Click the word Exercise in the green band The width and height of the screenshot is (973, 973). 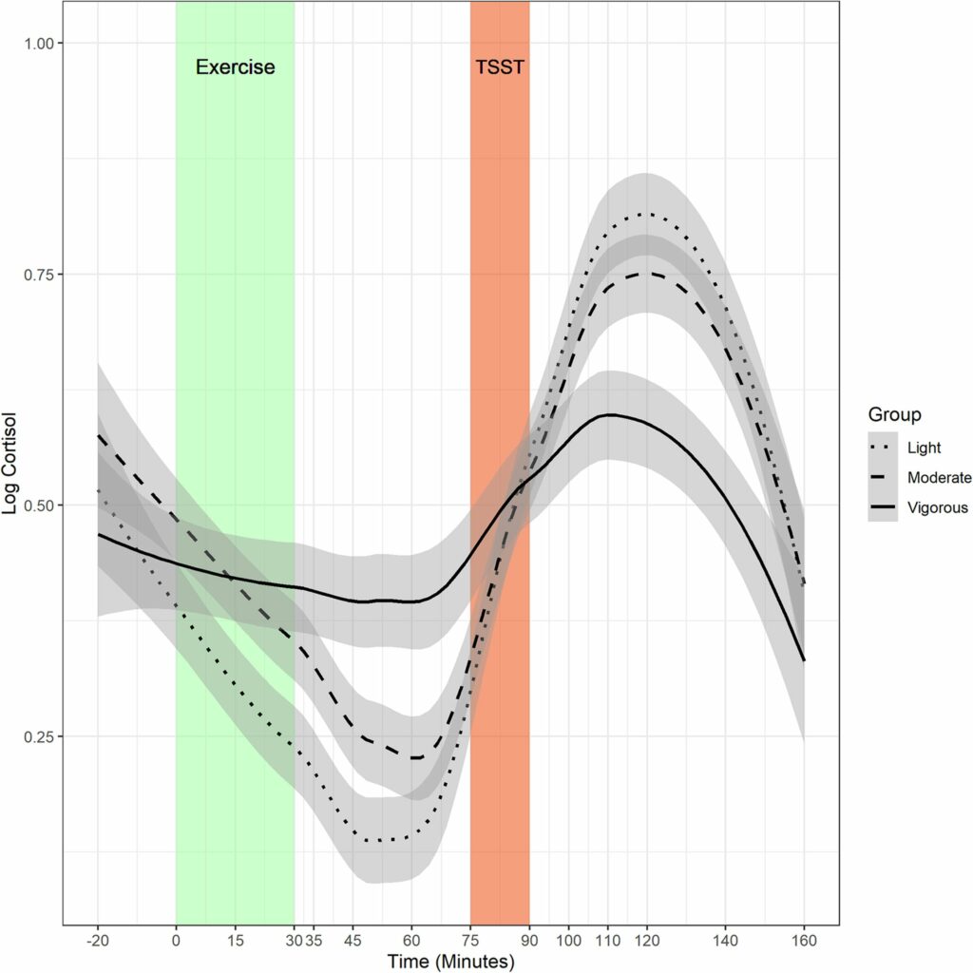(235, 67)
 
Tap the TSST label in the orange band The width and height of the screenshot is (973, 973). (500, 67)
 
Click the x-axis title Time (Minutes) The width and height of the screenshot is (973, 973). (451, 962)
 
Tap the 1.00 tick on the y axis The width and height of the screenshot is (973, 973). (41, 44)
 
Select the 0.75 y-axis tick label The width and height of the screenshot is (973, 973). (41, 275)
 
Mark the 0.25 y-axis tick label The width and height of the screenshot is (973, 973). (41, 736)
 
